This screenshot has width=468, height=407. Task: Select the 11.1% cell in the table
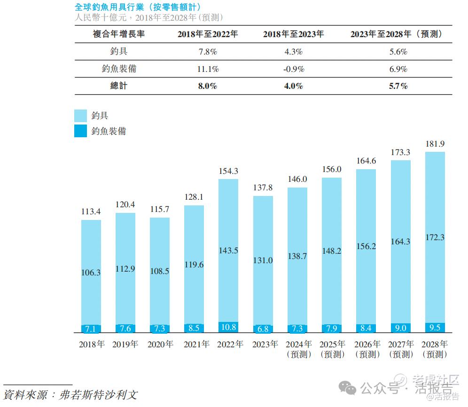click(x=208, y=69)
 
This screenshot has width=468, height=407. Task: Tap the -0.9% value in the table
click(x=293, y=69)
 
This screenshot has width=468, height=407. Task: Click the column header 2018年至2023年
click(x=293, y=34)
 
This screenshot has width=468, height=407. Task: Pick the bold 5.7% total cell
click(x=398, y=86)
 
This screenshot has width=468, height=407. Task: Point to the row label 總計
click(x=119, y=86)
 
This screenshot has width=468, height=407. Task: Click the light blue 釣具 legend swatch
click(x=80, y=116)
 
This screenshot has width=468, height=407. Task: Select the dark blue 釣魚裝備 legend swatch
click(x=80, y=131)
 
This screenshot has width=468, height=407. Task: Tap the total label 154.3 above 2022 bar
click(x=229, y=171)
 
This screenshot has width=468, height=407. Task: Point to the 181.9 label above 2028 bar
click(x=435, y=143)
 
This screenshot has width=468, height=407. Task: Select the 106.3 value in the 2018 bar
click(x=91, y=272)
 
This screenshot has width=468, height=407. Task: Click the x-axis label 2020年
click(x=160, y=344)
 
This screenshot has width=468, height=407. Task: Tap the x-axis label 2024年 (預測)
click(x=298, y=349)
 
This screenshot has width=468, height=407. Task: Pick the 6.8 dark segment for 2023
click(x=263, y=329)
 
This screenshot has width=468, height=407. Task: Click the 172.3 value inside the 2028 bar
click(x=435, y=237)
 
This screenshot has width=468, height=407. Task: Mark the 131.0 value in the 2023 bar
click(x=263, y=260)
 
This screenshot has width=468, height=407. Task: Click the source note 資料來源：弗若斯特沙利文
click(x=70, y=394)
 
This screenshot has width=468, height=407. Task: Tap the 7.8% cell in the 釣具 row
click(x=208, y=52)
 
